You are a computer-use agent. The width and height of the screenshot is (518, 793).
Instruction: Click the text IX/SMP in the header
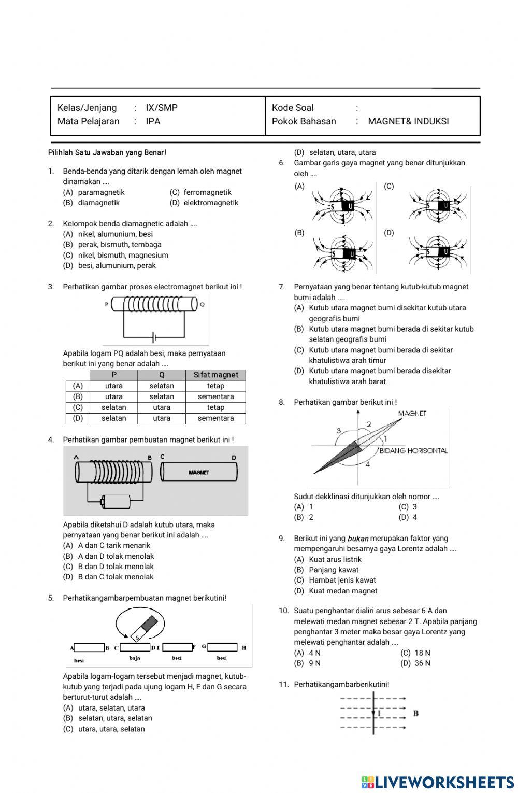[161, 108]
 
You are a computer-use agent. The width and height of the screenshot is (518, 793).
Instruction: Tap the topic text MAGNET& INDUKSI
[408, 121]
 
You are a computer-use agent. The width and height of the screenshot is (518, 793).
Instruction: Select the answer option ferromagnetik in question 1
[207, 192]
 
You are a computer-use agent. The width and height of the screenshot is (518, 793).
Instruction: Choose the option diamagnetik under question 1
[98, 203]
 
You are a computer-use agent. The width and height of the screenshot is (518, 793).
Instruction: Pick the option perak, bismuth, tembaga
[120, 245]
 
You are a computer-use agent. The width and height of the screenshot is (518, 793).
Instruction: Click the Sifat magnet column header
[215, 375]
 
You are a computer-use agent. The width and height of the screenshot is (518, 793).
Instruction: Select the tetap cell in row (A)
[215, 386]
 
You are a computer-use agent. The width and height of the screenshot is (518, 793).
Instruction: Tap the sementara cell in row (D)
[215, 418]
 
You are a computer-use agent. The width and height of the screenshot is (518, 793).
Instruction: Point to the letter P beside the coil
[107, 304]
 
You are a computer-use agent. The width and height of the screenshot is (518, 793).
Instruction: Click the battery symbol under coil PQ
[154, 338]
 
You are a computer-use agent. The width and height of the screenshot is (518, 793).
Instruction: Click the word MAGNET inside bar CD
[199, 472]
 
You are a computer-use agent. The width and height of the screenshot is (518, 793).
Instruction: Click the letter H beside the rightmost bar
[244, 647]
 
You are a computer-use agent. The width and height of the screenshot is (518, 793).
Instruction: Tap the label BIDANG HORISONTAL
[413, 451]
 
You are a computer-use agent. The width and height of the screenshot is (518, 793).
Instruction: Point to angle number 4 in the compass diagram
[368, 464]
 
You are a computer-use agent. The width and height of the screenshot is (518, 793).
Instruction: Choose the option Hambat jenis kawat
[342, 580]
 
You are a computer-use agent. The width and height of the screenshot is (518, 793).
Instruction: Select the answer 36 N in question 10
[422, 663]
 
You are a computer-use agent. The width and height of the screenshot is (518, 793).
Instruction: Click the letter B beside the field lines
[415, 713]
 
